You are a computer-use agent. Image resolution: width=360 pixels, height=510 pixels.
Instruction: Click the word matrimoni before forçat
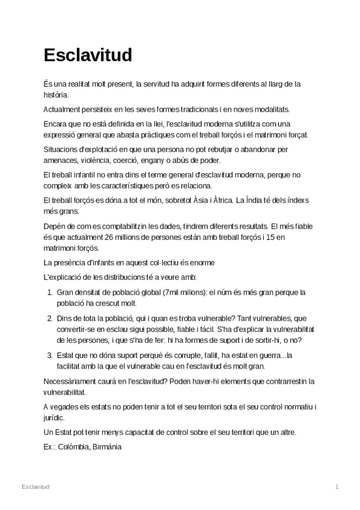coord(267,134)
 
